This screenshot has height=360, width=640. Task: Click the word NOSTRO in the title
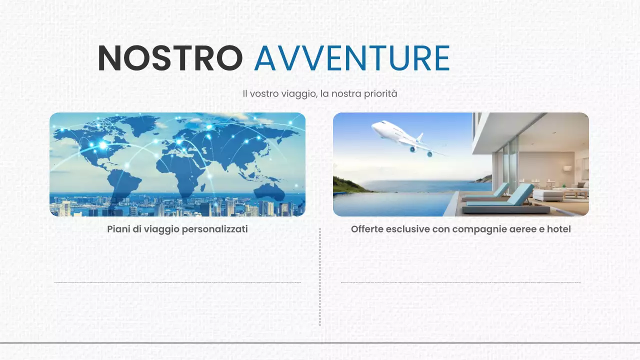170,58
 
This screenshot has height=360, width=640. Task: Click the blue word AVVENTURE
352,58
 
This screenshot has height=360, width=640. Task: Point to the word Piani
119,229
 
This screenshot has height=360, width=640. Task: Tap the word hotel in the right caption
558,229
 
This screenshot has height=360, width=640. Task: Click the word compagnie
477,229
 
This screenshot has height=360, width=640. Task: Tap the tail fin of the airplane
420,137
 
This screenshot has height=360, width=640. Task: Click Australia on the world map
270,190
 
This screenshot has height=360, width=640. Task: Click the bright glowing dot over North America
103,145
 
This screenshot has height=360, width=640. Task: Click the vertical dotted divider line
320,277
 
